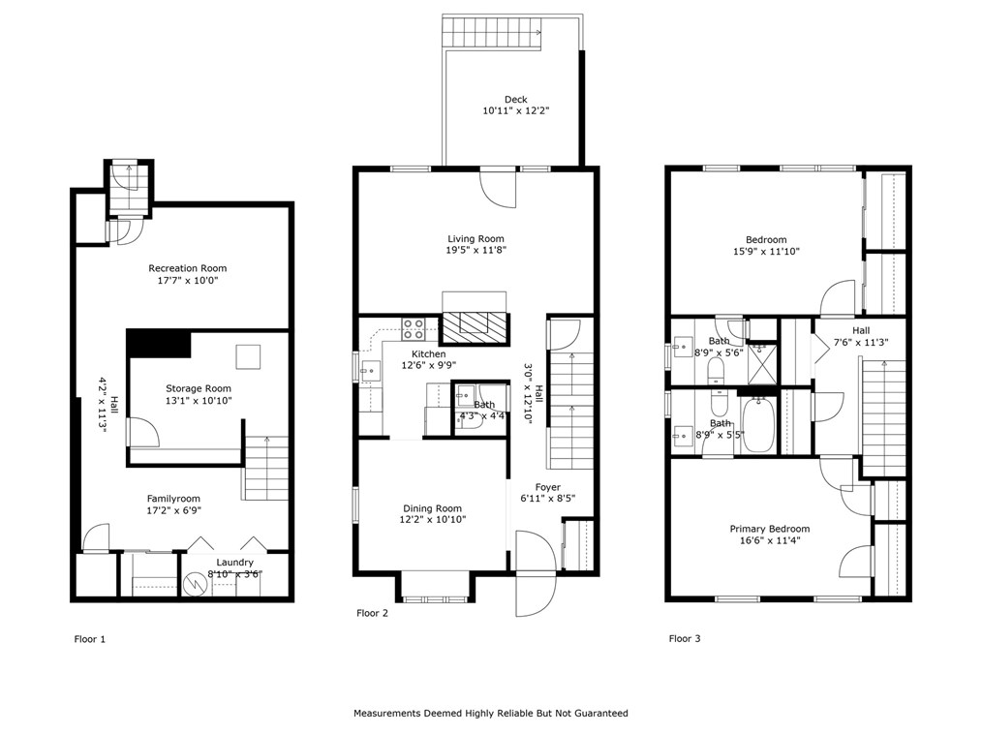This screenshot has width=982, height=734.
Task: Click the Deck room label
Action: tap(515, 99)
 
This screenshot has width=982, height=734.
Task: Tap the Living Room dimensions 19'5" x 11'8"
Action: tap(476, 250)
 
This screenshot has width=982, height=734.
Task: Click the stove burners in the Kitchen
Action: tap(414, 326)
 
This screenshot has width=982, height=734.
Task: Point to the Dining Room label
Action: tap(432, 508)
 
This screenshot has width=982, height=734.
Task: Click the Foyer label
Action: tap(546, 487)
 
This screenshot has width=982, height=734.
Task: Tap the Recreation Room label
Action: tap(187, 268)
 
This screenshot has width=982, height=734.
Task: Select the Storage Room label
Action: tap(198, 388)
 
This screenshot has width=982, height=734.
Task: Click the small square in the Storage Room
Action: tap(249, 355)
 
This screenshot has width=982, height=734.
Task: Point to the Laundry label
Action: tap(234, 563)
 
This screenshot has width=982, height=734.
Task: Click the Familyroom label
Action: tap(173, 499)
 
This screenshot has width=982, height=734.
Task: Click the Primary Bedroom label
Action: tap(769, 529)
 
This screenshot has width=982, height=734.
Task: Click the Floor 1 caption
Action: tap(90, 639)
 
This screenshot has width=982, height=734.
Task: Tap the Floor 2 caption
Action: tap(372, 613)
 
